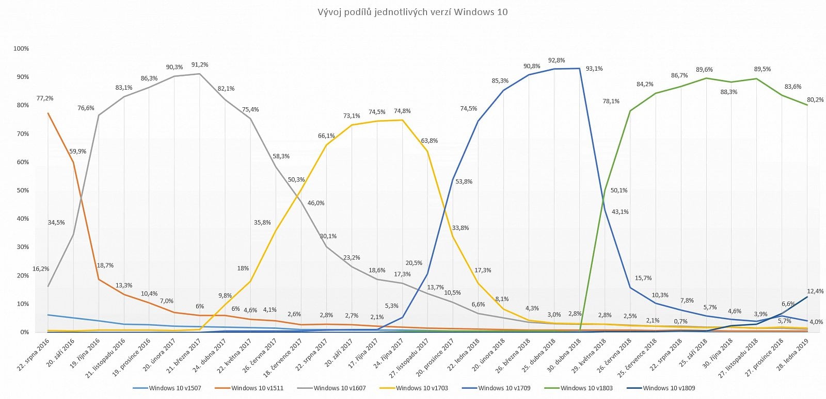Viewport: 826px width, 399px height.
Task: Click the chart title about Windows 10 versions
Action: pyautogui.click(x=412, y=12)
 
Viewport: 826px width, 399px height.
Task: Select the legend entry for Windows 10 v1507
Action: pyautogui.click(x=174, y=388)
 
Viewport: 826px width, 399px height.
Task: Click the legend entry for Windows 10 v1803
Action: pyautogui.click(x=586, y=388)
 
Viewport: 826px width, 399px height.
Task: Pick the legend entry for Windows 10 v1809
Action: pyautogui.click(x=669, y=388)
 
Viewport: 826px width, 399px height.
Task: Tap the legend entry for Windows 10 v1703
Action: pyautogui.click(x=422, y=388)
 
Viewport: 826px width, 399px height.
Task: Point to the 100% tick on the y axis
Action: pyautogui.click(x=21, y=48)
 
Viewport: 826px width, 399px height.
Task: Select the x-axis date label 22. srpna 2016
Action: pyautogui.click(x=35, y=355)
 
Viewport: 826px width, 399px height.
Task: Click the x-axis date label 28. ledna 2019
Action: pyautogui.click(x=793, y=355)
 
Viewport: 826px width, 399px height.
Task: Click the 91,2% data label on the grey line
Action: pyautogui.click(x=200, y=65)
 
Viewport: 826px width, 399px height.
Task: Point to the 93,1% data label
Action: pyautogui.click(x=594, y=69)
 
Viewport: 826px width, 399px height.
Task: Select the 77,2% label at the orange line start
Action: pyautogui.click(x=45, y=98)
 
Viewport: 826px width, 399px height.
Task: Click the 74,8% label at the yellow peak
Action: pyautogui.click(x=402, y=111)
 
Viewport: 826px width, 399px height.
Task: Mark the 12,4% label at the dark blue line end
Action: pyautogui.click(x=815, y=291)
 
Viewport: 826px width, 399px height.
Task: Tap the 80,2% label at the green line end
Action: pyautogui.click(x=815, y=100)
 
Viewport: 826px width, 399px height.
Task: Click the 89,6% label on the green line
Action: pyautogui.click(x=704, y=70)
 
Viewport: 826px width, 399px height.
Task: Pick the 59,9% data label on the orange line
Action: pyautogui.click(x=77, y=152)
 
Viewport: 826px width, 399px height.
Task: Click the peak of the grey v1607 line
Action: pyautogui.click(x=199, y=74)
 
